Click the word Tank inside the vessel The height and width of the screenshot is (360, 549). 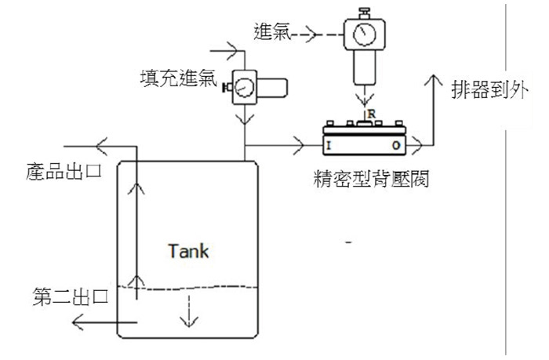tap(188, 251)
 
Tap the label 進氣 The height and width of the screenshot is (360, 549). tap(272, 32)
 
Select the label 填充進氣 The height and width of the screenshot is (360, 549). tap(179, 78)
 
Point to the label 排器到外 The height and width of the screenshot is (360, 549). tap(490, 89)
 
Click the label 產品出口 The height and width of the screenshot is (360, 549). tap(64, 172)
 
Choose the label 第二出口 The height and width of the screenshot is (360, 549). tap(71, 296)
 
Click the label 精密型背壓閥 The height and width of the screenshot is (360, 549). tap(371, 180)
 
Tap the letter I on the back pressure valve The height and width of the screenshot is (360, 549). tap(329, 145)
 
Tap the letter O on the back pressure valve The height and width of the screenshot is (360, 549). tap(396, 145)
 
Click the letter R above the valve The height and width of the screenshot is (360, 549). tap(372, 114)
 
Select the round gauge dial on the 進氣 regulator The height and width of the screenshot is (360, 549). tap(365, 34)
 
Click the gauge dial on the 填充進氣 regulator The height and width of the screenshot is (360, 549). tap(244, 87)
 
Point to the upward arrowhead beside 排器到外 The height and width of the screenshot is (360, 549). tap(434, 81)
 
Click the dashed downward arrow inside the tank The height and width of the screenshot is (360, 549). tap(189, 311)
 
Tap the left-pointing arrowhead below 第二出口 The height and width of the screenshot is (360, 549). tap(78, 322)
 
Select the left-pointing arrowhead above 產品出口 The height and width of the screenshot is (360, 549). tap(101, 146)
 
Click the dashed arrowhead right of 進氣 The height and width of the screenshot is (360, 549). tap(311, 35)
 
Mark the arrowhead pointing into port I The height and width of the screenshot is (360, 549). tap(299, 145)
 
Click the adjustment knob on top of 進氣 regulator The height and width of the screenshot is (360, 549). tap(365, 13)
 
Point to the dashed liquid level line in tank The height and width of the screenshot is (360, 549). tap(187, 288)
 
